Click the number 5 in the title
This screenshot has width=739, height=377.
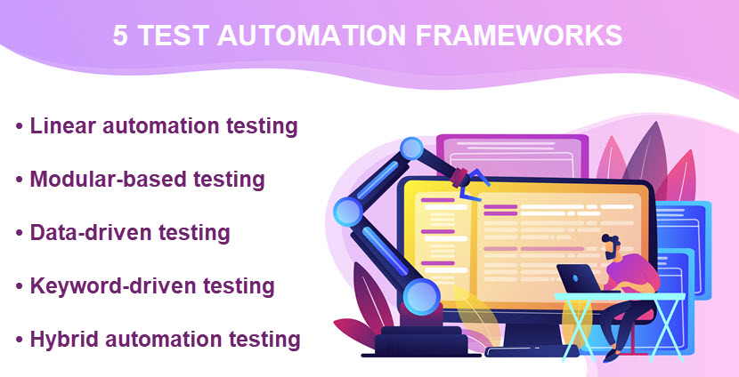pyautogui.click(x=119, y=36)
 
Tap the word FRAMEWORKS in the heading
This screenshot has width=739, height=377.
pyautogui.click(x=519, y=36)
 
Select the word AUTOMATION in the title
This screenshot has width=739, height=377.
pyautogui.click(x=312, y=36)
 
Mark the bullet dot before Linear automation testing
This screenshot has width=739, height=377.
pyautogui.click(x=19, y=126)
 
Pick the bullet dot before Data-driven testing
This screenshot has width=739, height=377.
pyautogui.click(x=19, y=234)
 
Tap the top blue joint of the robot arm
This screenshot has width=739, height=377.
pyautogui.click(x=411, y=149)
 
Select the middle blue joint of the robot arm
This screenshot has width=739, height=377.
pyautogui.click(x=348, y=211)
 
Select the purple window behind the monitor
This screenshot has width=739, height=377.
pyautogui.click(x=512, y=156)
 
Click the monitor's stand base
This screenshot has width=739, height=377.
pyautogui.click(x=524, y=351)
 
